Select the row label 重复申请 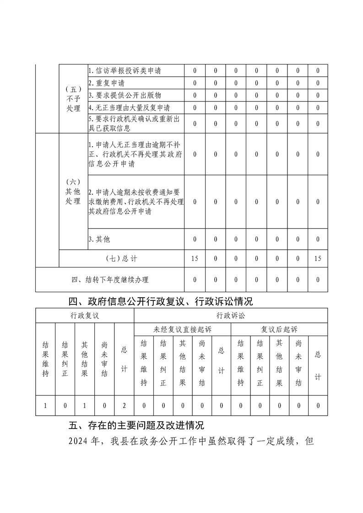[106, 83]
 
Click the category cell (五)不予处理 [73, 98]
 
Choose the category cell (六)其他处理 [73, 191]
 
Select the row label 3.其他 [99, 239]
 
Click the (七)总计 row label [121, 259]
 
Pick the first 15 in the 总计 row [195, 259]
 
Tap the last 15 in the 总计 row [318, 259]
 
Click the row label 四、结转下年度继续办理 [110, 279]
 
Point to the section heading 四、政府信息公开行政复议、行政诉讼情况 [160, 301]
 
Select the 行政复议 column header [85, 315]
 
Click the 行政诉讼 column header [231, 315]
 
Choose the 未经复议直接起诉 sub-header [182, 329]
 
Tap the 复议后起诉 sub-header [279, 329]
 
